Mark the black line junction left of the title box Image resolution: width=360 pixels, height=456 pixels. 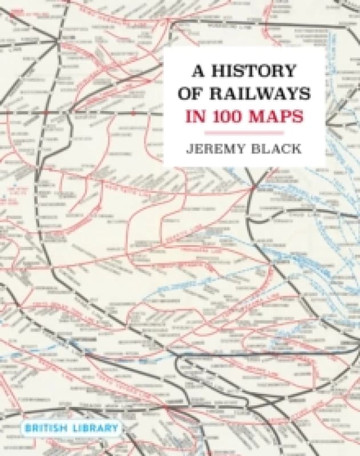click(x=58, y=40)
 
